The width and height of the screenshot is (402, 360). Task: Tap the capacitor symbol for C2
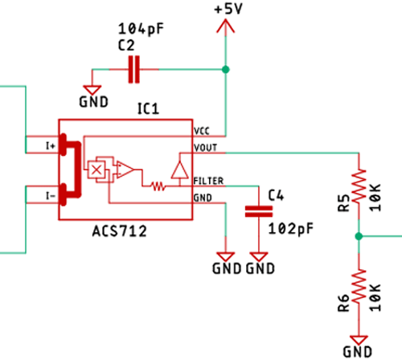[x=133, y=71]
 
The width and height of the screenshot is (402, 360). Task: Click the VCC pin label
[x=203, y=129]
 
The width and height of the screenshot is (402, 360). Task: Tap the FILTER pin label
[x=208, y=182]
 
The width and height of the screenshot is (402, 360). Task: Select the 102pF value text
[x=291, y=228]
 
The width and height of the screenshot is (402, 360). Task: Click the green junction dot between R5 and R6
[x=359, y=236]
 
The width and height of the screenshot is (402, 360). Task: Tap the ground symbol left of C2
[x=93, y=90]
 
